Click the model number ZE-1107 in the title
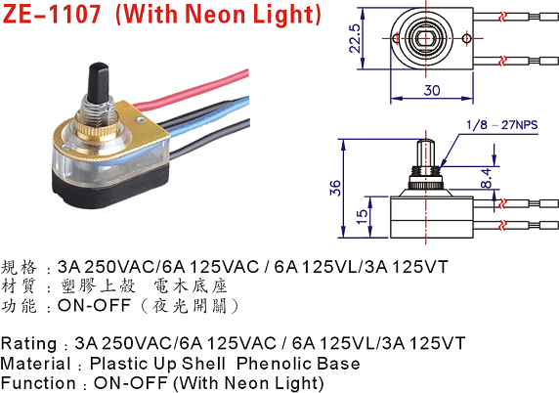point(52,15)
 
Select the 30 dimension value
point(432,90)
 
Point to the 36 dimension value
point(335,188)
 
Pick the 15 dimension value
point(362,216)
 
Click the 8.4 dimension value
point(486,178)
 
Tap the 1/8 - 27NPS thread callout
point(502,125)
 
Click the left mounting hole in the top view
point(396,38)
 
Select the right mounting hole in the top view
point(466,38)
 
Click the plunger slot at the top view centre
point(423,38)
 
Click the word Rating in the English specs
point(28,343)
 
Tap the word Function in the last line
point(38,383)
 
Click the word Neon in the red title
point(216,15)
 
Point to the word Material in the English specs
point(35,364)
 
